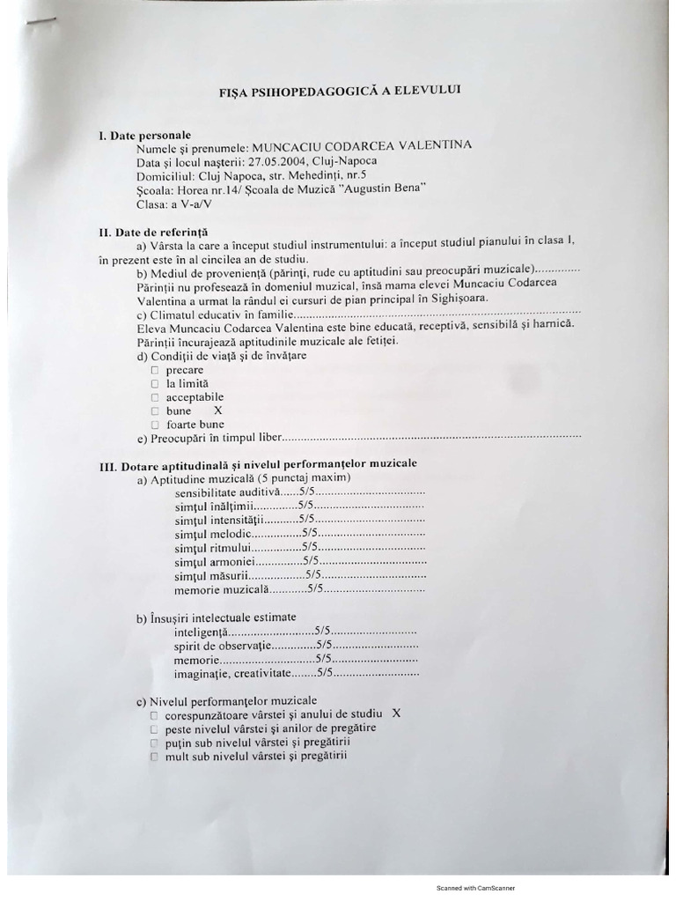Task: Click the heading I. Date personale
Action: (x=144, y=136)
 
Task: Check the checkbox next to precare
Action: (x=154, y=371)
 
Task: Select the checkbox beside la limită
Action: (x=154, y=384)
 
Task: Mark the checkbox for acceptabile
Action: (x=154, y=397)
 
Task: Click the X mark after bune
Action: (x=218, y=410)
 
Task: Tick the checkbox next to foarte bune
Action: (x=154, y=424)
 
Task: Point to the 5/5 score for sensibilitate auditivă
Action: (x=307, y=492)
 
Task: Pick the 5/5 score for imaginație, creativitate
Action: (x=324, y=673)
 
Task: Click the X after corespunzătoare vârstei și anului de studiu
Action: (x=395, y=713)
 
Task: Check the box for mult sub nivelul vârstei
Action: (x=154, y=757)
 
